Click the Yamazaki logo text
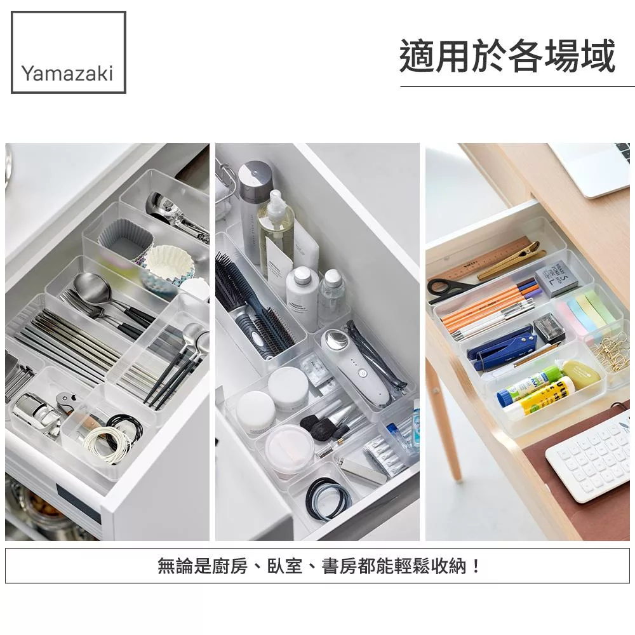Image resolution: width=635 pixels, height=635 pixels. point(67,73)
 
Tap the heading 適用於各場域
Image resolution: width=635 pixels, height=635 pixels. point(507,57)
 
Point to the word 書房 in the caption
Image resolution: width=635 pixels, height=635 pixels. point(339,566)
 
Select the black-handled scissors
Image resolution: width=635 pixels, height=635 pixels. point(450,288)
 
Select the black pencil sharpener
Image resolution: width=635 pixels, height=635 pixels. point(549,328)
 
